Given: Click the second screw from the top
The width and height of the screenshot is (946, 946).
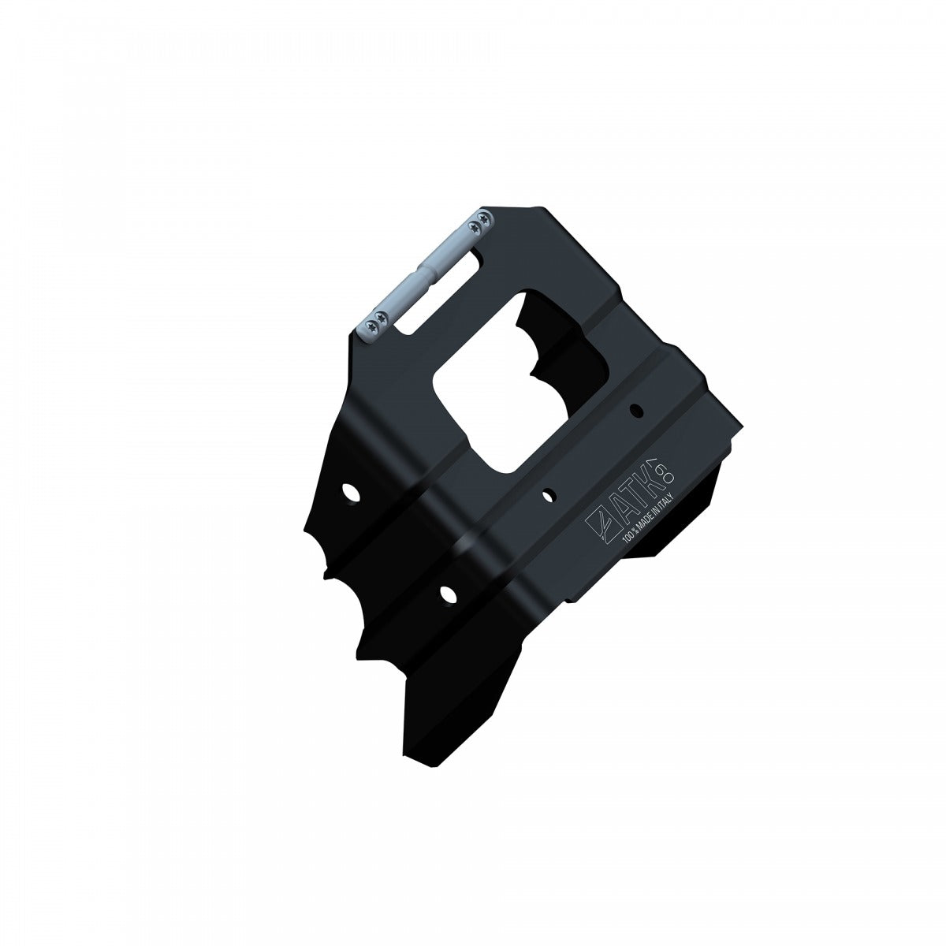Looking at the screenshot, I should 475,228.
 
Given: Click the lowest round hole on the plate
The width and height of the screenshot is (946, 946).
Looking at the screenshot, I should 448,593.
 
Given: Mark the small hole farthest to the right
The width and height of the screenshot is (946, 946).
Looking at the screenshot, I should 636,409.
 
